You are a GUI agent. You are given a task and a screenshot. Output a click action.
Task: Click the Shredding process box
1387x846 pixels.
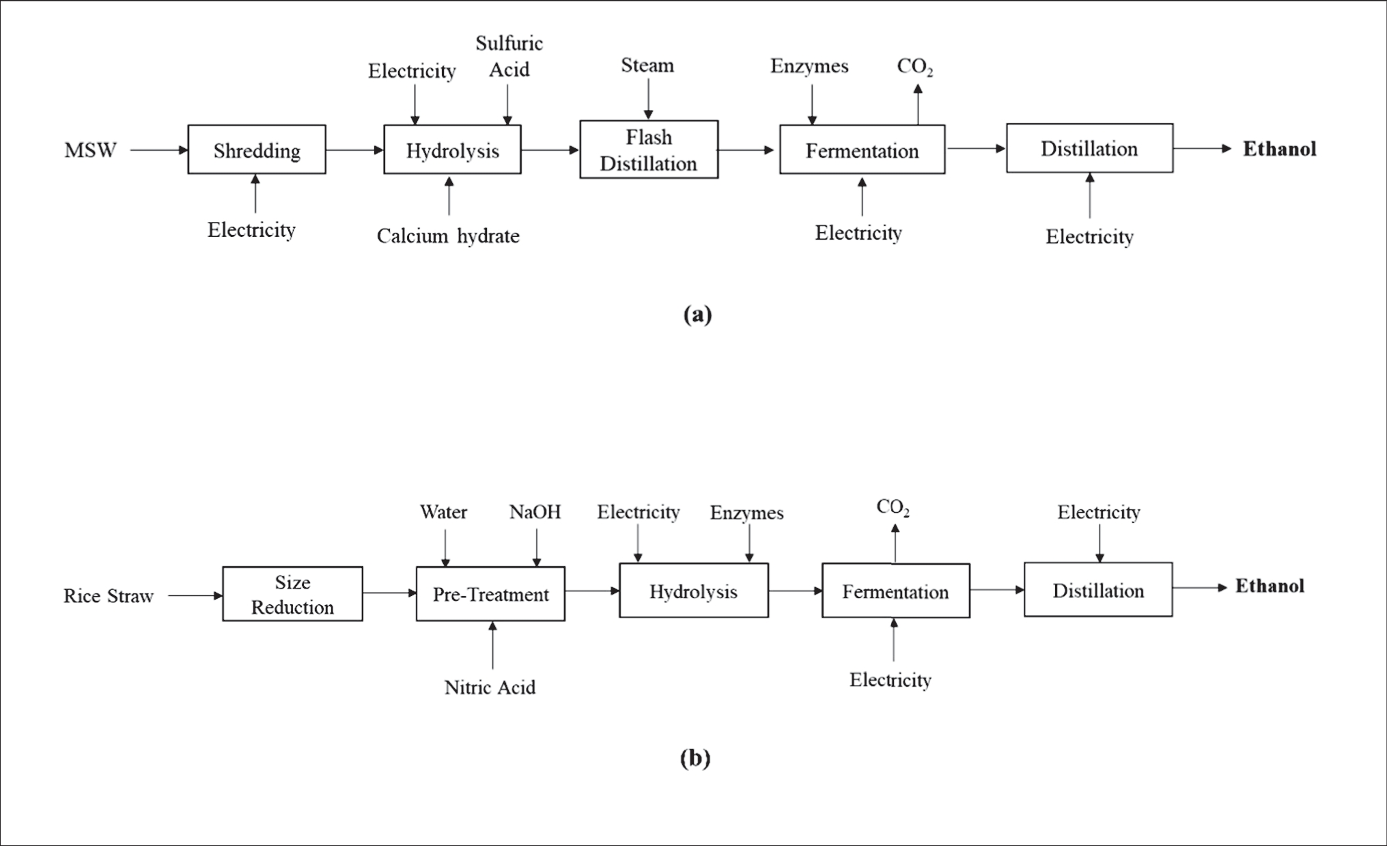[257, 150]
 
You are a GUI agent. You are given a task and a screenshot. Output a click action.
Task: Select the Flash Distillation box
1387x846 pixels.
[649, 150]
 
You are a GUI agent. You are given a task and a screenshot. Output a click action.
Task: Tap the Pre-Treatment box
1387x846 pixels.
[490, 594]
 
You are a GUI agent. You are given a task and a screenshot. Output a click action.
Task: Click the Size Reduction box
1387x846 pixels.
[292, 594]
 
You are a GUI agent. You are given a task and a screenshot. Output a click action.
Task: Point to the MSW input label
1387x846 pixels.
[90, 150]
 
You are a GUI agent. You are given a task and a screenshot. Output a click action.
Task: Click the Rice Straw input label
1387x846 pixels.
[109, 596]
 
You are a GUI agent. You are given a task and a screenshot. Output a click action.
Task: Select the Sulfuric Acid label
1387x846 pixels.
[509, 56]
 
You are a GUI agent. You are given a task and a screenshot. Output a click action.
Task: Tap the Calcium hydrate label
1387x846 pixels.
[448, 236]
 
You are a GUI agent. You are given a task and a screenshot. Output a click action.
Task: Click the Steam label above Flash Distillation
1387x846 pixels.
[647, 66]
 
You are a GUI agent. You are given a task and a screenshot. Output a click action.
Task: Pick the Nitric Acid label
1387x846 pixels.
[490, 687]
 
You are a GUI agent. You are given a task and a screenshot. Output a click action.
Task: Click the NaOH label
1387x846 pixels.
[535, 512]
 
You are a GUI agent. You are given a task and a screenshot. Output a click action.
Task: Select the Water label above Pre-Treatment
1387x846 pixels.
[443, 512]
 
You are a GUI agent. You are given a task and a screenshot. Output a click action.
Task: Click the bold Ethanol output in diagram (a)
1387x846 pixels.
[1279, 149]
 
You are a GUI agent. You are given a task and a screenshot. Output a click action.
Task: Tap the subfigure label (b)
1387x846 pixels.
[695, 758]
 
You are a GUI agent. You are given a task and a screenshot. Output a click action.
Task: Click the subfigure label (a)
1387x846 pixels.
[697, 314]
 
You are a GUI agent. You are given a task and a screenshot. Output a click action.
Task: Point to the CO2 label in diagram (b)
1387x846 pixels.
[893, 507]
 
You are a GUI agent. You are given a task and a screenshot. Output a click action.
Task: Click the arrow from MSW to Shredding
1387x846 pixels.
[158, 150]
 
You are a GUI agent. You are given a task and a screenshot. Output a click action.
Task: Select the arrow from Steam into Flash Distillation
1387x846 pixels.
[648, 99]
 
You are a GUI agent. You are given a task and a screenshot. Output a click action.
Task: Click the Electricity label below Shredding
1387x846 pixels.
[251, 230]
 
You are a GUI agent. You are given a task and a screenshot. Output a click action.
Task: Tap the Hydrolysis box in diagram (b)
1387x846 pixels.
[693, 591]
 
